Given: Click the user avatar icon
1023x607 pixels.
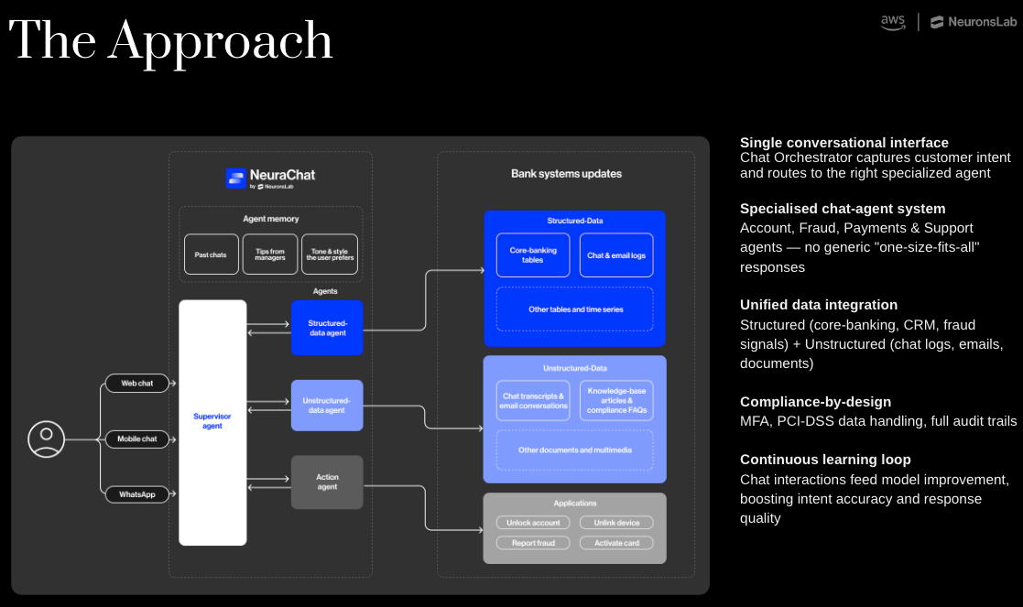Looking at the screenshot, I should tap(46, 439).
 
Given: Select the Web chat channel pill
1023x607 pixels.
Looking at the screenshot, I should tap(137, 383).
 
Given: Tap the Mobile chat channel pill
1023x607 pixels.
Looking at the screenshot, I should tap(137, 439).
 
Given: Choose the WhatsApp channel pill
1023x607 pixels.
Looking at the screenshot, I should tap(137, 494).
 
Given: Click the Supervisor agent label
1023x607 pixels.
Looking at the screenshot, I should tap(212, 421).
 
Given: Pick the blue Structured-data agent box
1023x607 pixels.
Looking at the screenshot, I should tap(327, 328).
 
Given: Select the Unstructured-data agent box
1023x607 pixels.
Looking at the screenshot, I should tap(327, 406).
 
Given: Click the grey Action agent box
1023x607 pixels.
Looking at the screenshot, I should tap(327, 482).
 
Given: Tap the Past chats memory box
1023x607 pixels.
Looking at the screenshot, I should tap(211, 255).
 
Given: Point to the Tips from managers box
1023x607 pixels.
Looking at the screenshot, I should tap(270, 255).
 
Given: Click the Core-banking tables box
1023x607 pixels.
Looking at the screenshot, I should tap(533, 255).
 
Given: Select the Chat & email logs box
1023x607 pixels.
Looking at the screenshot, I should tap(616, 255).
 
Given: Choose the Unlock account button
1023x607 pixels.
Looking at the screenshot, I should tap(533, 523).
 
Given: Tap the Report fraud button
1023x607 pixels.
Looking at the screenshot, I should tap(533, 543).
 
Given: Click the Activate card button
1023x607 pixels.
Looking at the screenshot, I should tap(616, 543).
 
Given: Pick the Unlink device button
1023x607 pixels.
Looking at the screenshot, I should tap(616, 523).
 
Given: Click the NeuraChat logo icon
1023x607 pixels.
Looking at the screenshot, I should tap(236, 178).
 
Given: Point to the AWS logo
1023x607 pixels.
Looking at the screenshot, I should tap(893, 22).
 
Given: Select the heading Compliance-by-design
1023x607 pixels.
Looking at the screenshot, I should tap(815, 402).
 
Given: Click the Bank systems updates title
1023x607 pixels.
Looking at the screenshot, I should tap(566, 174).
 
